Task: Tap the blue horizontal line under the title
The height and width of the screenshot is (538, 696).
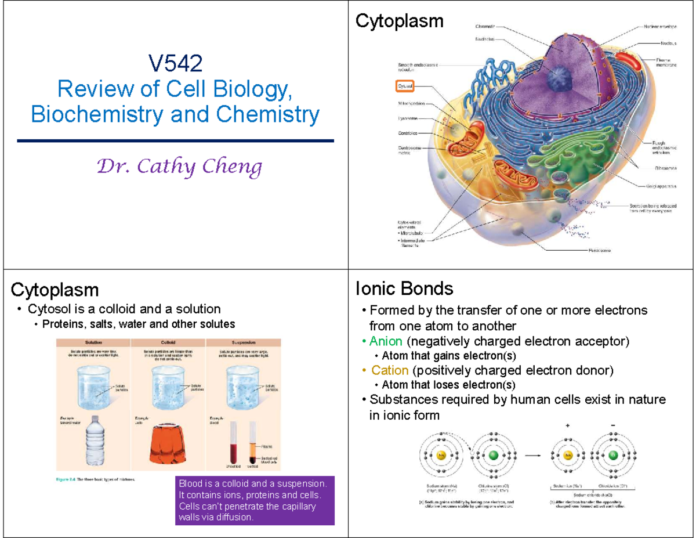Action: tap(176, 140)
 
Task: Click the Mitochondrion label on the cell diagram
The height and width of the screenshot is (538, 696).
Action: tap(411, 104)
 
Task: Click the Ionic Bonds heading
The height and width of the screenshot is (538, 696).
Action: tap(404, 288)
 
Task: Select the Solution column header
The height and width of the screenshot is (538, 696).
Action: tap(93, 342)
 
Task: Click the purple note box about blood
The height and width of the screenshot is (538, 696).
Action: tap(255, 501)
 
